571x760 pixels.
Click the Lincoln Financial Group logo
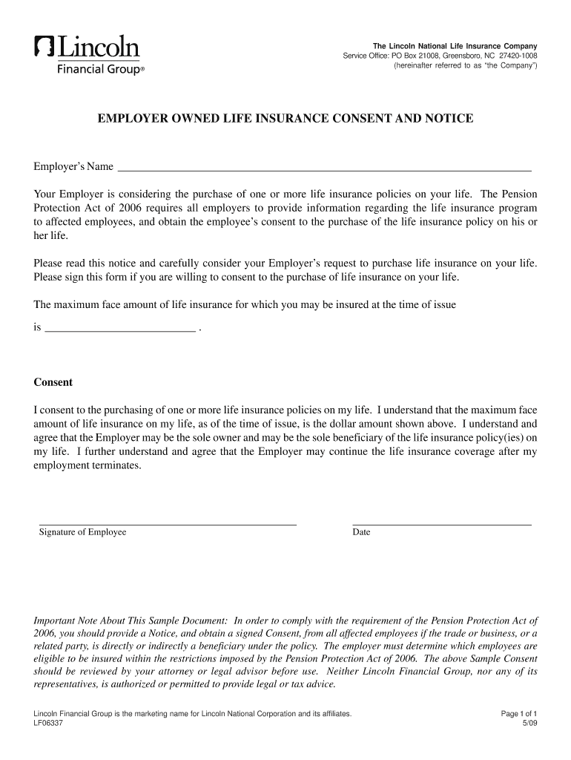pyautogui.click(x=88, y=54)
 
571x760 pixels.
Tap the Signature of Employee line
pyautogui.click(x=168, y=524)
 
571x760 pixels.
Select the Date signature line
pyautogui.click(x=441, y=524)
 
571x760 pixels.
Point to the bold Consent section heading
pyautogui.click(x=53, y=383)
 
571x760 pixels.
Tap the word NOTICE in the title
pyautogui.click(x=448, y=119)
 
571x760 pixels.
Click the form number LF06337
pyautogui.click(x=48, y=724)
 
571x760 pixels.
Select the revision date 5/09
pyautogui.click(x=529, y=724)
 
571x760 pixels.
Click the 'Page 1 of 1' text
pyautogui.click(x=519, y=714)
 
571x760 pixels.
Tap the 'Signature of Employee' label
pyautogui.click(x=82, y=532)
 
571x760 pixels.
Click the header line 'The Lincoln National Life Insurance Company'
pyautogui.click(x=455, y=46)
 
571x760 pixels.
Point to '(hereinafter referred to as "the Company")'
pyautogui.click(x=466, y=66)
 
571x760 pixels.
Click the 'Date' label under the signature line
pyautogui.click(x=361, y=532)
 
